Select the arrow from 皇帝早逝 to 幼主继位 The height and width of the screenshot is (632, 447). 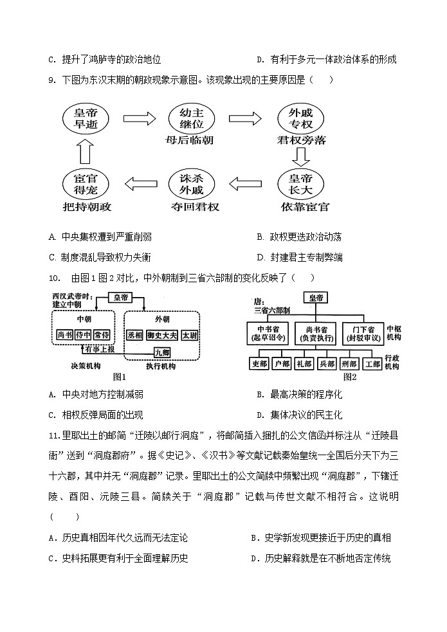tap(139, 119)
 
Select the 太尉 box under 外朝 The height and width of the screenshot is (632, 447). tap(190, 335)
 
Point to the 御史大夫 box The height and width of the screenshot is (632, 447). tap(161, 335)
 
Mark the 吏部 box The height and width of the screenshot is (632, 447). tap(260, 363)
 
